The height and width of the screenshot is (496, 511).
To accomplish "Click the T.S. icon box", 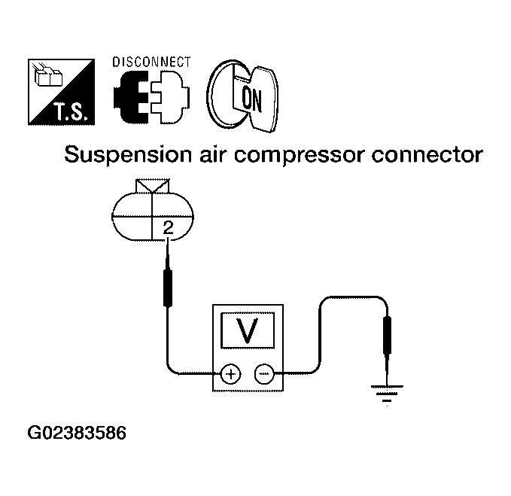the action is pos(61,92).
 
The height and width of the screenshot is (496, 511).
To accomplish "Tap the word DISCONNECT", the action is pos(151,62).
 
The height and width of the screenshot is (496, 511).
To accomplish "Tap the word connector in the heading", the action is pos(427,155).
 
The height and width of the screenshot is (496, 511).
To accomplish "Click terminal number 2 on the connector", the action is pos(168,228).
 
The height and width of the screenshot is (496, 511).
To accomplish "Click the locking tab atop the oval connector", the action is pos(153,187).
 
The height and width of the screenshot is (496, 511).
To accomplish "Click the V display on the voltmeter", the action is pos(248,330).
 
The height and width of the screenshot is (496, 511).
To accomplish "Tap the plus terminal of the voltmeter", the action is pos(230,373).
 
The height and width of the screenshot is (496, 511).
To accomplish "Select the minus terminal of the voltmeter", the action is pos(264,373).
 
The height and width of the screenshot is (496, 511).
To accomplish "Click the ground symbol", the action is pos(387,394).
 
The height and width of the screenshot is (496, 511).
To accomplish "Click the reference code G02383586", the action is pos(77,433).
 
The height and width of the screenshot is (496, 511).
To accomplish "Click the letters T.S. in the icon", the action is pos(71,112).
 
